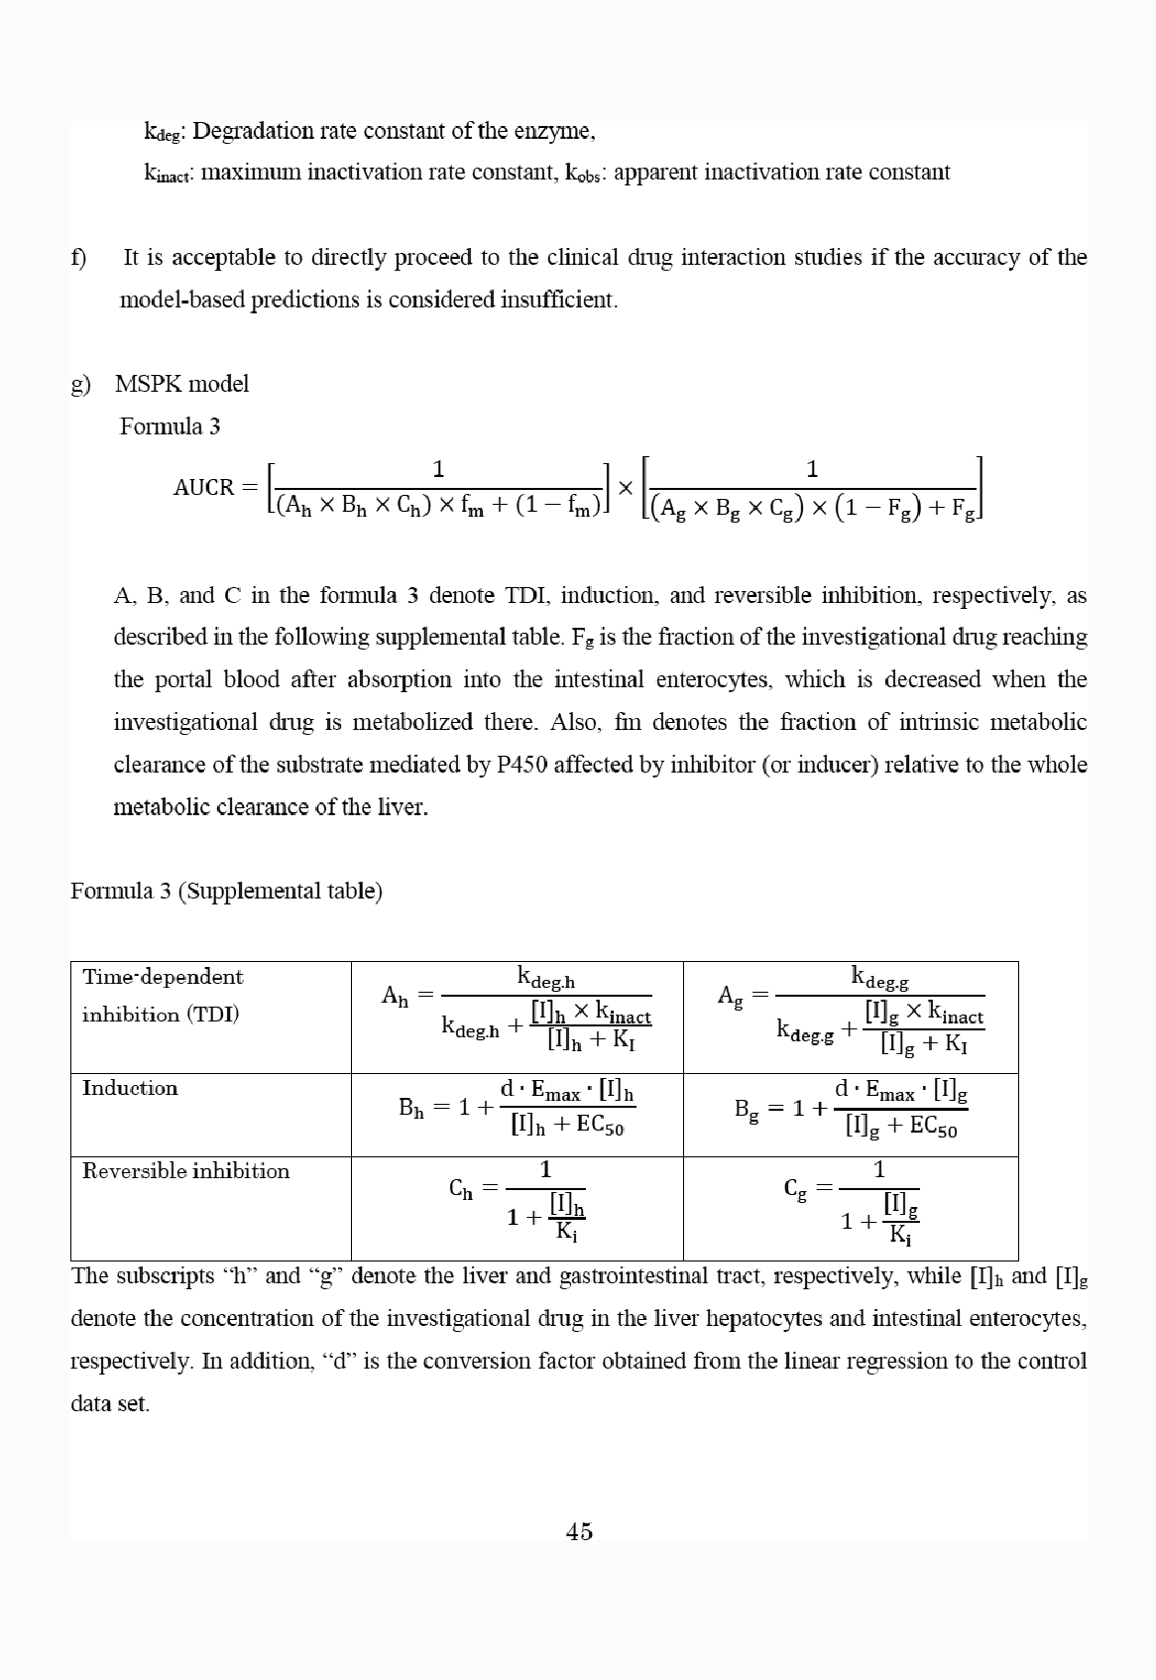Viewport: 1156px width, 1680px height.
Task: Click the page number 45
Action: coord(579,1531)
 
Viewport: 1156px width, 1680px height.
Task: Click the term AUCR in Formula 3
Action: coord(203,487)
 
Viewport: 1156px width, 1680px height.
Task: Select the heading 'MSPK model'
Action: coord(181,384)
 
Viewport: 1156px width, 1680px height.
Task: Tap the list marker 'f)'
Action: coord(78,258)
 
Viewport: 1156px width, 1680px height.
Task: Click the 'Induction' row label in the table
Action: coord(130,1088)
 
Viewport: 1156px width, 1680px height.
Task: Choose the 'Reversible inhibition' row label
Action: coord(185,1171)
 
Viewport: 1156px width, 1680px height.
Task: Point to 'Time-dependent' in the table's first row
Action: coord(162,977)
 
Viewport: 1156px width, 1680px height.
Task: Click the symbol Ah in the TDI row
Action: coord(395,996)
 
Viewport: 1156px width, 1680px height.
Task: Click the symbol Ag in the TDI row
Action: coord(730,996)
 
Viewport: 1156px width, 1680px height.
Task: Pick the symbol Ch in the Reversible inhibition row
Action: coord(461,1189)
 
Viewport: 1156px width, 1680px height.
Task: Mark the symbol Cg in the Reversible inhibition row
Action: coord(795,1189)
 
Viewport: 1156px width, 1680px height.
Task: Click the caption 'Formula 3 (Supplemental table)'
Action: coord(226,891)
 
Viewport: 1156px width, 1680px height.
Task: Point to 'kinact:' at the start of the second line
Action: coord(170,174)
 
